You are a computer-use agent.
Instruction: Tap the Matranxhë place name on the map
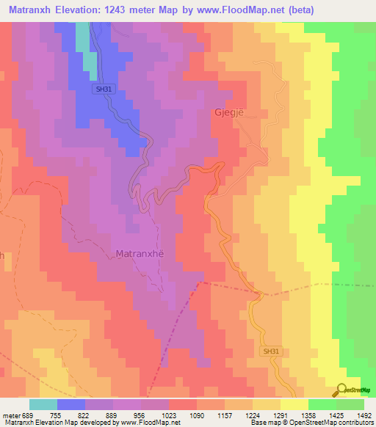(140, 255)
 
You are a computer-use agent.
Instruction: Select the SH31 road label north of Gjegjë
(104, 89)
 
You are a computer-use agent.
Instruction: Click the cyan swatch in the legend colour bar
(43, 404)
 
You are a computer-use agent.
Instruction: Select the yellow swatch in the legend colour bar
(294, 404)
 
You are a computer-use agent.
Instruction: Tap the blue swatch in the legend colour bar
(71, 404)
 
